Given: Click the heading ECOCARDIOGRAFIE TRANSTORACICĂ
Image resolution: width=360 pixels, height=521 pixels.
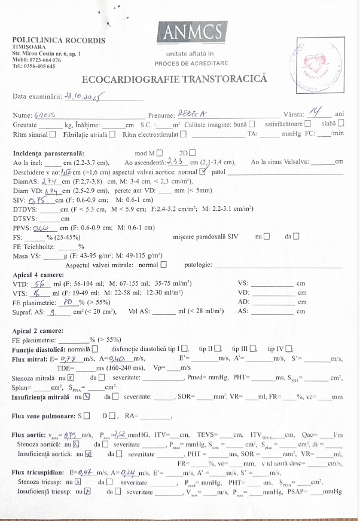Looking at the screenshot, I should pyautogui.click(x=174, y=79).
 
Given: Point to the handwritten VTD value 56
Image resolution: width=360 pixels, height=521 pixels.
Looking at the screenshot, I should pyautogui.click(x=39, y=284).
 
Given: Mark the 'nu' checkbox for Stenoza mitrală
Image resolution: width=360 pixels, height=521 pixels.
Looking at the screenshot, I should pyautogui.click(x=71, y=377).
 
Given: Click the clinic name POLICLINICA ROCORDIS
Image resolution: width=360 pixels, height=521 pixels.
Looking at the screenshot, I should pyautogui.click(x=59, y=41).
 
